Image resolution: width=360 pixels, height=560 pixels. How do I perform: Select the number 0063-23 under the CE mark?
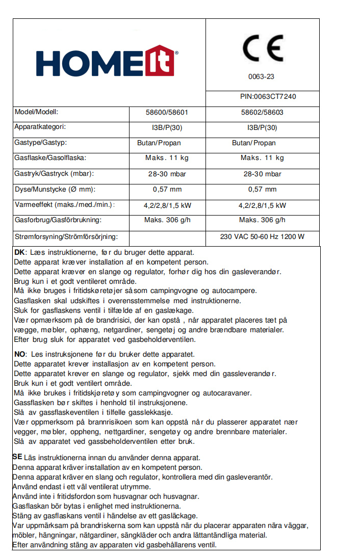[261, 77]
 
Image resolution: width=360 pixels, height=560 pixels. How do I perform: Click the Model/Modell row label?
[40, 112]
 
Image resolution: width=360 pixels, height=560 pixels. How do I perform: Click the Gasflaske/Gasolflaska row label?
[50, 158]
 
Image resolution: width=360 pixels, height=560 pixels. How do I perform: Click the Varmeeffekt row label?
[64, 205]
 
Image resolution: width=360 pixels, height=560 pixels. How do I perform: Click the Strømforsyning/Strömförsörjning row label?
[66, 236]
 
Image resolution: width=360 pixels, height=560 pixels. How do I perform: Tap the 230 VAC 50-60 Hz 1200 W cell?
[262, 236]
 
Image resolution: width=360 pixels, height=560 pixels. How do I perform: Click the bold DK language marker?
[19, 252]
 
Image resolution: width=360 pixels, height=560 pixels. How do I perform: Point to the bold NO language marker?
[20, 354]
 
